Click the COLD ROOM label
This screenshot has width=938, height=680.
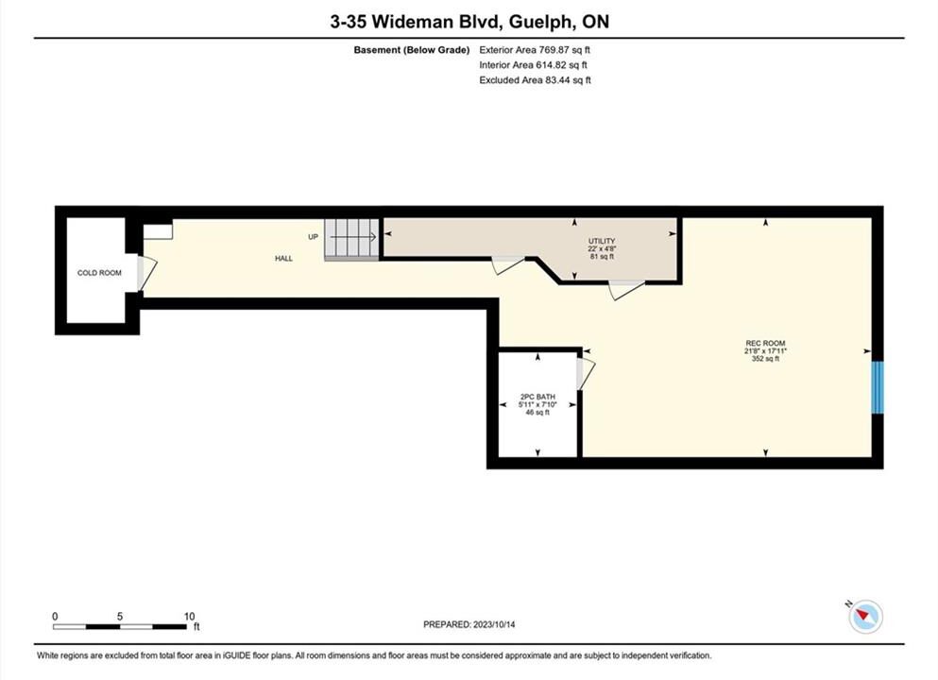tap(99, 273)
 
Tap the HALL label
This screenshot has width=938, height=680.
tap(283, 259)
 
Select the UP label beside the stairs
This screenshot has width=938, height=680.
tap(313, 237)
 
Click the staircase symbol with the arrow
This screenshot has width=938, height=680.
tap(351, 240)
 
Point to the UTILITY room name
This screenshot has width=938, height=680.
tap(602, 241)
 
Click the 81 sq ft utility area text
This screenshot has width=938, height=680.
tap(602, 257)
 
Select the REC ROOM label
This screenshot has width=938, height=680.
tap(766, 343)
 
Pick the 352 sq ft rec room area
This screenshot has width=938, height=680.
tap(766, 359)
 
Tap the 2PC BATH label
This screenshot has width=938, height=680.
tap(537, 397)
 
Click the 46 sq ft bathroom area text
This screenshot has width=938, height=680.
tap(537, 412)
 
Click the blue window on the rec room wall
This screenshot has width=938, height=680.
tap(877, 387)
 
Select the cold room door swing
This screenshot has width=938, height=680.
tap(147, 274)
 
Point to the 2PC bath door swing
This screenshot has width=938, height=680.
tap(586, 374)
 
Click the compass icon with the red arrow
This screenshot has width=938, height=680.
tap(865, 616)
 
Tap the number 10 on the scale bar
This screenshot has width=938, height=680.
tap(190, 617)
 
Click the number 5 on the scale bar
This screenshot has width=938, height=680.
tap(120, 617)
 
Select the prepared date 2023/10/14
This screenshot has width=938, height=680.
tap(494, 624)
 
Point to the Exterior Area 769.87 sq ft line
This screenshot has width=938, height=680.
tap(535, 50)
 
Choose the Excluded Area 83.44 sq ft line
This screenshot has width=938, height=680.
tap(535, 80)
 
